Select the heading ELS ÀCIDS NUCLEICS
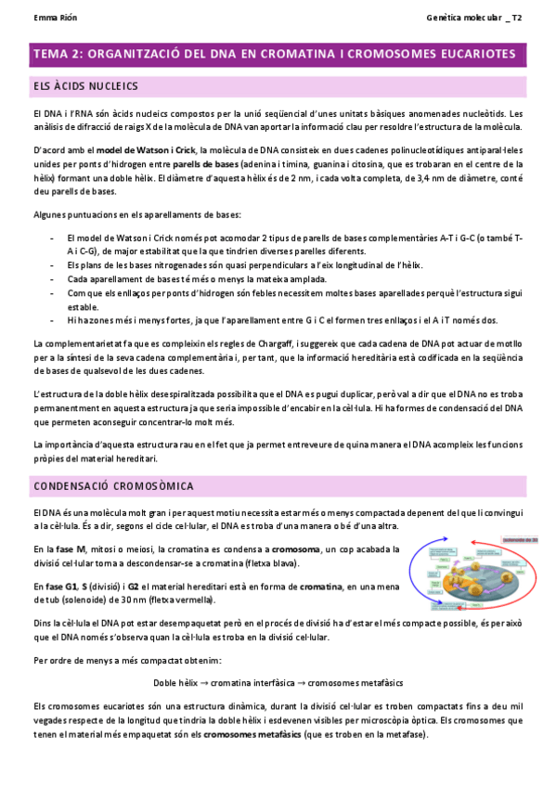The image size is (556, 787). pos(85,85)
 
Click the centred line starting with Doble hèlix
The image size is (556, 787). pos(278,682)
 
